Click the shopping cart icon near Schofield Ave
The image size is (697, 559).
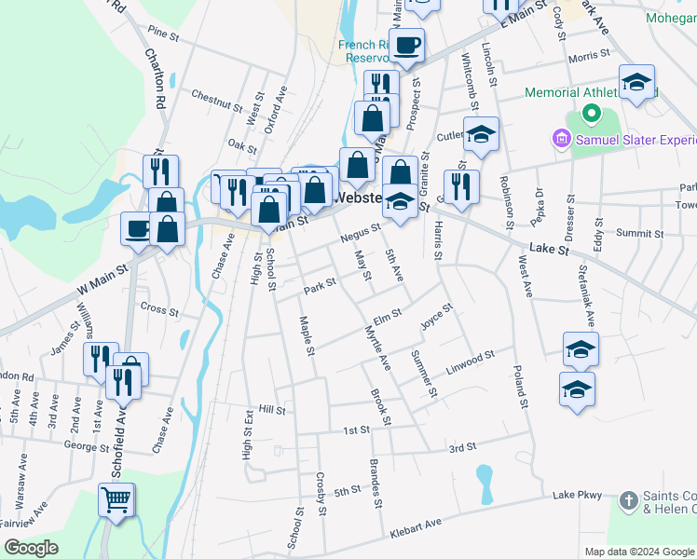pyautogui.click(x=116, y=500)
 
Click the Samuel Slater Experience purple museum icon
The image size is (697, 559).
pyautogui.click(x=561, y=140)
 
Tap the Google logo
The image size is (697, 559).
pyautogui.click(x=31, y=547)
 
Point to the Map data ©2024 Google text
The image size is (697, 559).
pyautogui.click(x=639, y=552)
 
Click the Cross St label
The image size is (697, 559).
pyautogui.click(x=158, y=307)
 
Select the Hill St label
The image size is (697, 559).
pyautogui.click(x=271, y=409)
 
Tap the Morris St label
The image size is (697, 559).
pyautogui.click(x=588, y=57)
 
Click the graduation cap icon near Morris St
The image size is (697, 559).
pyautogui.click(x=637, y=82)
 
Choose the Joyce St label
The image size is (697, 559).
pyautogui.click(x=436, y=317)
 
